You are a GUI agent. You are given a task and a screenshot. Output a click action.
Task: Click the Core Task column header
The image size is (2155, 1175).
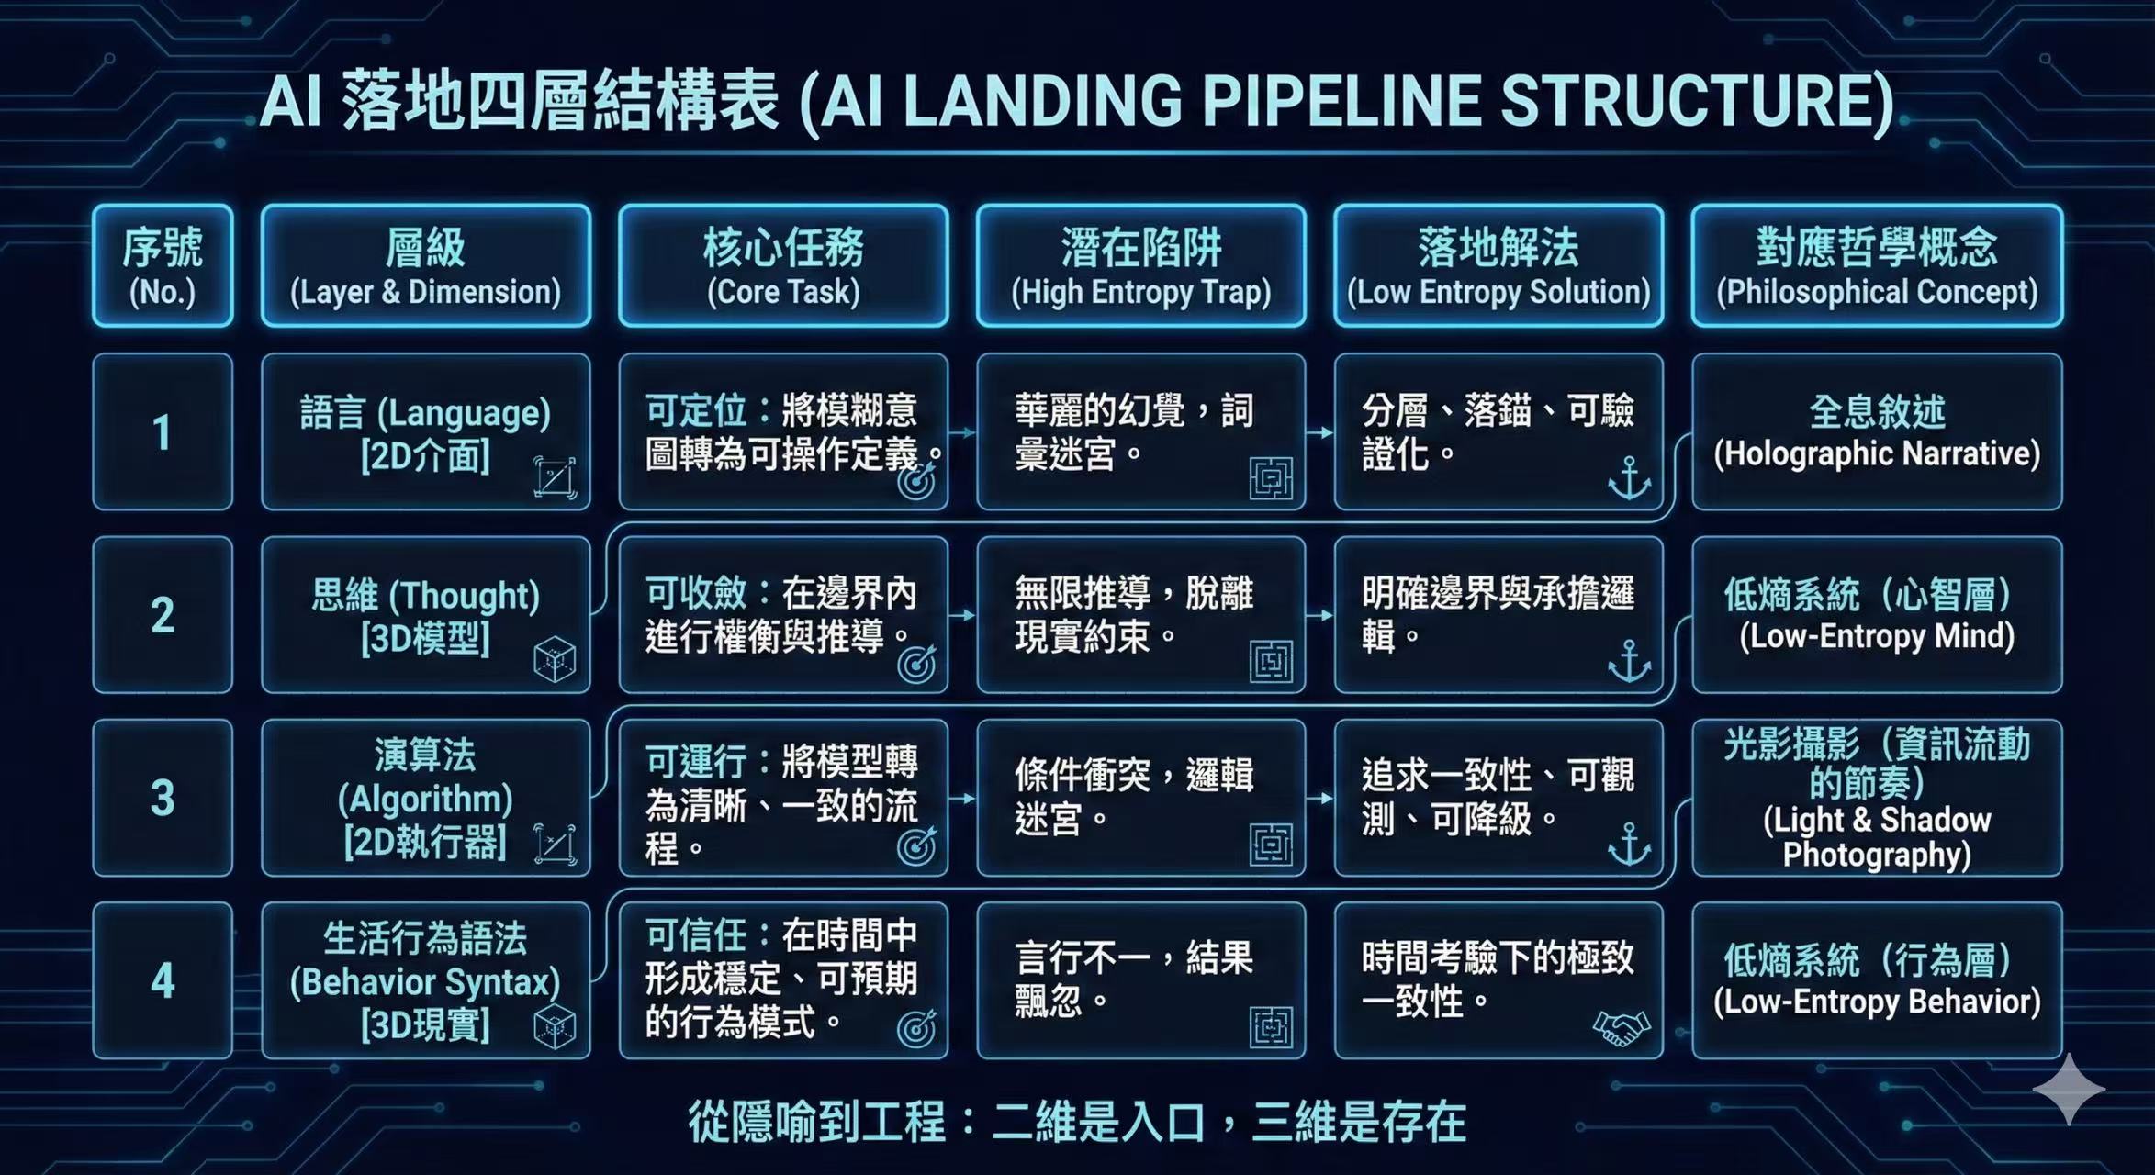[x=783, y=266]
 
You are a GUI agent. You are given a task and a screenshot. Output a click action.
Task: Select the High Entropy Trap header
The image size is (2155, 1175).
[x=1140, y=266]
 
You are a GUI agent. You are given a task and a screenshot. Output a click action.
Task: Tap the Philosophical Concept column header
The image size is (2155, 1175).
[x=1877, y=266]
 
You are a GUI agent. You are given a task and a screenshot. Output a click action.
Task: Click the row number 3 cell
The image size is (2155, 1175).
[x=163, y=798]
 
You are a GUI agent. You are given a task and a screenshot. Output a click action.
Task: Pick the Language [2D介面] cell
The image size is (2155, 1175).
[x=425, y=432]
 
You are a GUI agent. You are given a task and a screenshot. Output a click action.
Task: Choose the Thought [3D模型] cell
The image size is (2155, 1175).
[x=425, y=615]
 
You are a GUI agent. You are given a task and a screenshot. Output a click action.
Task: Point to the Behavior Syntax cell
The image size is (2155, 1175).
[x=425, y=980]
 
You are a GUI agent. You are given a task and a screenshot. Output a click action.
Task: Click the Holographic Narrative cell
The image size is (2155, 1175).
[x=1877, y=432]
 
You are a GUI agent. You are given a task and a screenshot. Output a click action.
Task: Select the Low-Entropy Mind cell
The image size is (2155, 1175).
[x=1877, y=615]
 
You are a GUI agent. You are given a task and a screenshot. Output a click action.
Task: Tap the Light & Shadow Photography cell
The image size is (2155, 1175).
[x=1877, y=798]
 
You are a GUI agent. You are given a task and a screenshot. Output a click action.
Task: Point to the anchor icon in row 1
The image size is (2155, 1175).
[x=1629, y=478]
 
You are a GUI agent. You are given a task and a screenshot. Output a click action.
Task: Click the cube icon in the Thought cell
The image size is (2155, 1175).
[x=555, y=660]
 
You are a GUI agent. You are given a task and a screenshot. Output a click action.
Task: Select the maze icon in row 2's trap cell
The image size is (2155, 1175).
[x=1271, y=661]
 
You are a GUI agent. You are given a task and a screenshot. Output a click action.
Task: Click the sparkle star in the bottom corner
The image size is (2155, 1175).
[x=2069, y=1090]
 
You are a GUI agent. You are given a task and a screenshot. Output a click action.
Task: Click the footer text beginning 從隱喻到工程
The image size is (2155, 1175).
[x=1077, y=1122]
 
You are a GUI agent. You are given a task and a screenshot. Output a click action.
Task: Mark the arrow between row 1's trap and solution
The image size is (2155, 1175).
[x=1319, y=432]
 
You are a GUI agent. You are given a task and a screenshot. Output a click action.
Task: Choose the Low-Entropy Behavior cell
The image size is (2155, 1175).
[x=1877, y=980]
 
